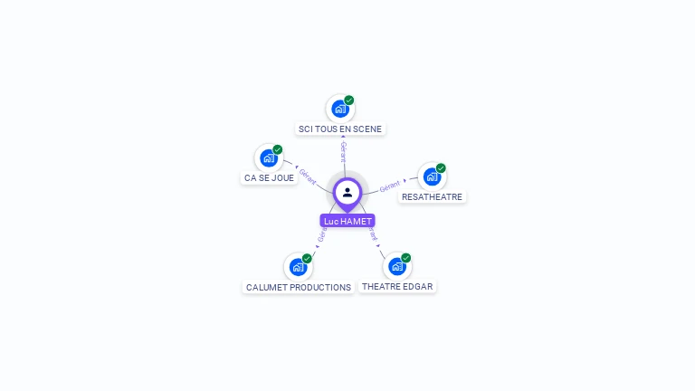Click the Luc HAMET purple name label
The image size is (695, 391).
tap(347, 221)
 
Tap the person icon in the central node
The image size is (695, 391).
tap(347, 192)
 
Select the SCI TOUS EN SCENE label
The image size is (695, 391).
tap(340, 129)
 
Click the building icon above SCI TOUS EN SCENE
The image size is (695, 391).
tap(339, 109)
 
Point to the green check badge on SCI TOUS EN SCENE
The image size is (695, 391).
tap(349, 100)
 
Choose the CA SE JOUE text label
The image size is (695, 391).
tap(269, 177)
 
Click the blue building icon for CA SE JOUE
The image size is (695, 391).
tap(268, 158)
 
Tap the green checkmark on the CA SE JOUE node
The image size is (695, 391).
tap(278, 149)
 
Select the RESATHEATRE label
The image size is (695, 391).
tap(432, 196)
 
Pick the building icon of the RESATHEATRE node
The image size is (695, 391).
tap(432, 176)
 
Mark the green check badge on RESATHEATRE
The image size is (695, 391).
tap(441, 168)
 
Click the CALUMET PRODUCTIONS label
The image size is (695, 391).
tap(299, 287)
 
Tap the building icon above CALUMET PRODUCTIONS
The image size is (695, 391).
tap(298, 267)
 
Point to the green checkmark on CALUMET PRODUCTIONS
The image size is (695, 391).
tap(307, 259)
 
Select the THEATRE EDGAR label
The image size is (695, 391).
tap(397, 286)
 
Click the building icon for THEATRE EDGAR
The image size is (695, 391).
tap(396, 266)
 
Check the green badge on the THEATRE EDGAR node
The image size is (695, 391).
tap(406, 258)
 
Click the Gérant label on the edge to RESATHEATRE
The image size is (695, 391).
tap(390, 186)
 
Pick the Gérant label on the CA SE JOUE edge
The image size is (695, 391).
tap(308, 176)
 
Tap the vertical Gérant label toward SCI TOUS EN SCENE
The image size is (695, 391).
tap(343, 151)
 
